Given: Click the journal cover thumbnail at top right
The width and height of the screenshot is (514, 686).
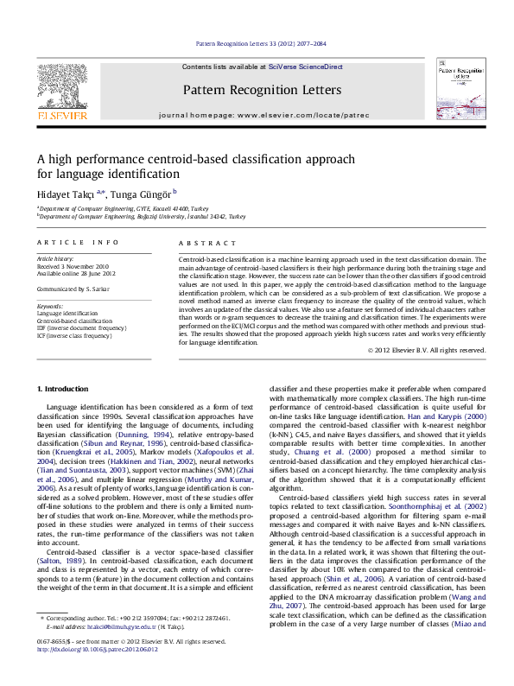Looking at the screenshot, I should point(458,90).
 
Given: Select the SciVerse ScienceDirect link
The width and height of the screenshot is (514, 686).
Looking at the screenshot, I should point(305,67).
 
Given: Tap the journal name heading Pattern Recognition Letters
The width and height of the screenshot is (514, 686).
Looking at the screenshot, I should point(262,90).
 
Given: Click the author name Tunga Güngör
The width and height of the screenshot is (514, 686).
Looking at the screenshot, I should point(143,192).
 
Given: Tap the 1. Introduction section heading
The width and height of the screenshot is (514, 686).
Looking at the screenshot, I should point(66,391).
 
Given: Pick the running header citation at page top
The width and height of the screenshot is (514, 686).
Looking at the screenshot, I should point(260,41).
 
